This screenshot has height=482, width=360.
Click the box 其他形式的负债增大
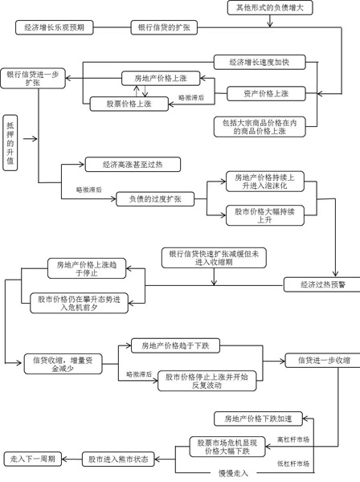point(270,8)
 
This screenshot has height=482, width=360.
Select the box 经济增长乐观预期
point(54,27)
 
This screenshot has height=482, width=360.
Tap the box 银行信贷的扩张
point(164,27)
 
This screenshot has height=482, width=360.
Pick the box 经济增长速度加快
point(260,62)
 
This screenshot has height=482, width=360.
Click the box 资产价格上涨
point(266,94)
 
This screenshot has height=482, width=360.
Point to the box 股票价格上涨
point(129,104)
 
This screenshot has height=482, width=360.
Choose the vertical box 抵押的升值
point(10,143)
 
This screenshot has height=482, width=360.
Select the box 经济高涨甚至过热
point(133,165)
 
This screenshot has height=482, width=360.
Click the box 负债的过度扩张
point(155,199)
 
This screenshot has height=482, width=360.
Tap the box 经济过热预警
point(322,284)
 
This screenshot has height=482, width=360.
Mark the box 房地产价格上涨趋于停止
point(87,268)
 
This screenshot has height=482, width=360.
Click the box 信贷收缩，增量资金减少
point(63,364)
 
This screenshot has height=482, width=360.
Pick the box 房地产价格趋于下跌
point(175,345)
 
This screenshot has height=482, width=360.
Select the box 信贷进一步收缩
point(323,360)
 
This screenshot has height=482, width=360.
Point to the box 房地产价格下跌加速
point(258,419)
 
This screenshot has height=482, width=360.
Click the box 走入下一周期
point(33,459)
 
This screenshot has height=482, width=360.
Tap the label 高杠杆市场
point(293,439)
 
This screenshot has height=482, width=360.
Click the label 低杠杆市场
point(293,464)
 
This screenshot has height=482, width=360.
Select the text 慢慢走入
point(233,473)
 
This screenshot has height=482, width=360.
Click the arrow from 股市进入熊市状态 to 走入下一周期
point(72,460)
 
